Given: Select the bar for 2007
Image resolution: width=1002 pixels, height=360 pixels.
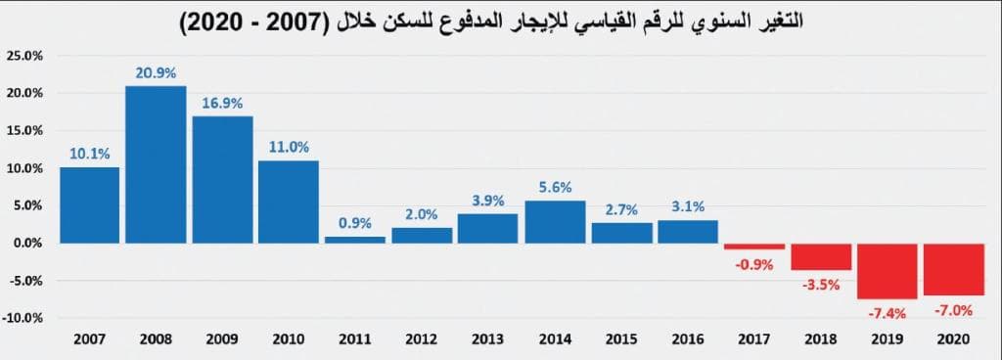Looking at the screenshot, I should point(89,204).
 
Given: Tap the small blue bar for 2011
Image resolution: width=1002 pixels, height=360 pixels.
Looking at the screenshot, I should point(355,240).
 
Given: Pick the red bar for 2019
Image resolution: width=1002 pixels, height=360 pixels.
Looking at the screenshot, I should point(887,271).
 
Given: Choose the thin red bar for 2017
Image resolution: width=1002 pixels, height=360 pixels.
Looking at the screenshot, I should point(753,247).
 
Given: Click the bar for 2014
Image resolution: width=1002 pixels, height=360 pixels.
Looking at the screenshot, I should point(555,222).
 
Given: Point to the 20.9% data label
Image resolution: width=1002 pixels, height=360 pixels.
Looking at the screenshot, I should point(156,73).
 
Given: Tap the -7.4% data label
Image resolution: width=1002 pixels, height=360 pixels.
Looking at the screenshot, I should point(887,313).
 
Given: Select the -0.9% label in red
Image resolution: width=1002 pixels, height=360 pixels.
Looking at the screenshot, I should point(753,263).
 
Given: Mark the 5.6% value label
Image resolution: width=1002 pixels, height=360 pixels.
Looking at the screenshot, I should point(555,188).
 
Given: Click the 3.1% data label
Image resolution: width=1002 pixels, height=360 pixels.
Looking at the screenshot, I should point(687,207).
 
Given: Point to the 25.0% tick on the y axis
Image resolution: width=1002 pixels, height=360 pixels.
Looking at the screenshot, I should point(23,56).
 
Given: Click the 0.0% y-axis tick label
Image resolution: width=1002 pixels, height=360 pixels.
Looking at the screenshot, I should point(25,243).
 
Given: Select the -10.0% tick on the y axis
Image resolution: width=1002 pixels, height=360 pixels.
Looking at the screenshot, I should point(23,318).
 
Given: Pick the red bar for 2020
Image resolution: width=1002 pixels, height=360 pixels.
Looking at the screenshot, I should point(953,269).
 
